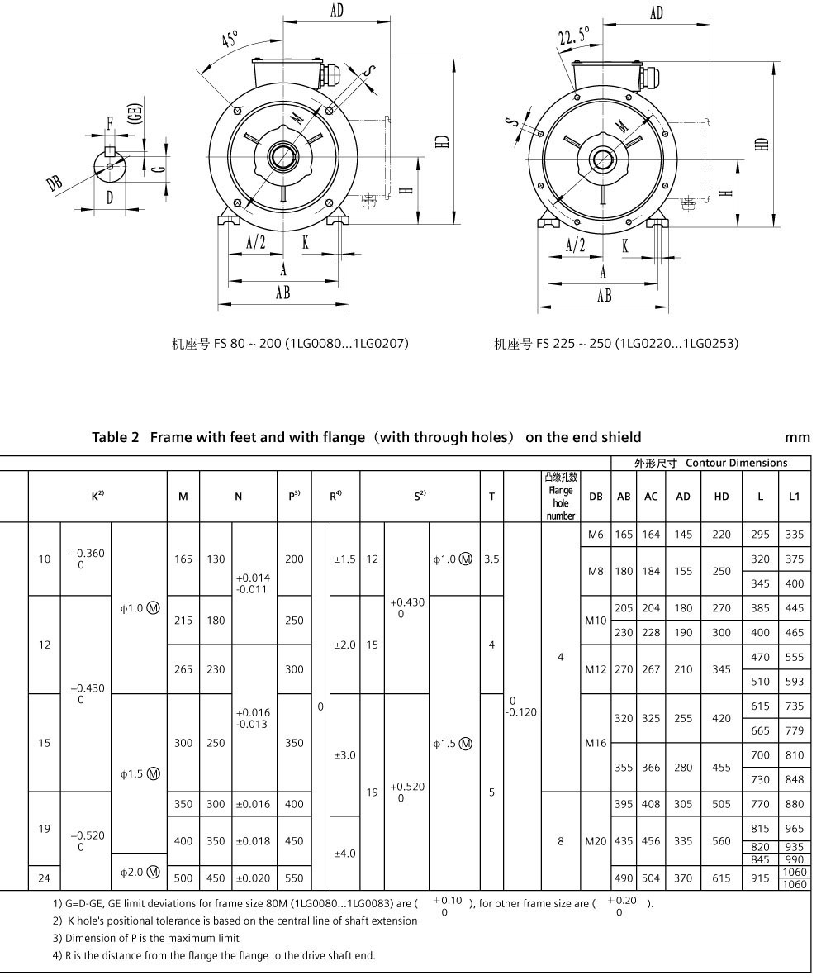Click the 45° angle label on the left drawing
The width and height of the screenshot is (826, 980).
[230, 39]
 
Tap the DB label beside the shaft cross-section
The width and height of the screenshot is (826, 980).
[55, 183]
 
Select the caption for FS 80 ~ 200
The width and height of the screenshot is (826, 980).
[290, 343]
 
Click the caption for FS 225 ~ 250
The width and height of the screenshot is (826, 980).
[616, 343]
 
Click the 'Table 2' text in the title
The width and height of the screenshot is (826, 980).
[116, 437]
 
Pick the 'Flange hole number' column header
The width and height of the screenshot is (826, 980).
[561, 497]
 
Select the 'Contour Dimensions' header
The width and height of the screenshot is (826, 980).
[736, 463]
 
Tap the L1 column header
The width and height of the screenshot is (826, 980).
[794, 497]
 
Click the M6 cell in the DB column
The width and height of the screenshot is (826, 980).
[596, 535]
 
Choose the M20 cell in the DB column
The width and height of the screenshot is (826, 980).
[596, 841]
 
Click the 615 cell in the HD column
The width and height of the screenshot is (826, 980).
[721, 878]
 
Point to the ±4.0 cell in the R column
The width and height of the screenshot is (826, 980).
[344, 853]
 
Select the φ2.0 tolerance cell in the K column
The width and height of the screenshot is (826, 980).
[140, 872]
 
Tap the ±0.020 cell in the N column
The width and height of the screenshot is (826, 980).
[253, 878]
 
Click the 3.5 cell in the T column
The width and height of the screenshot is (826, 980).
[491, 559]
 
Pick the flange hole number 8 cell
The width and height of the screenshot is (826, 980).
[561, 841]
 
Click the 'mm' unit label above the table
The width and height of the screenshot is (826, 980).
[797, 437]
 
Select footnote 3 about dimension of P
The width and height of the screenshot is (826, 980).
[145, 938]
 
